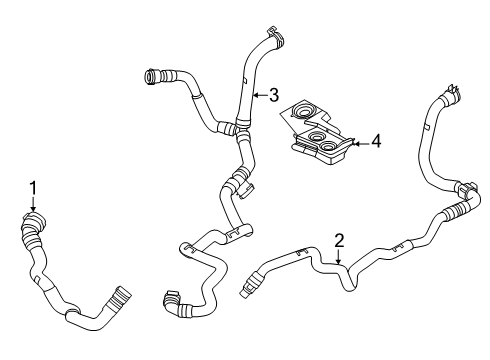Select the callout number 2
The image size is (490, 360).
pos(339,240)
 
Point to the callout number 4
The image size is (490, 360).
pos(375,142)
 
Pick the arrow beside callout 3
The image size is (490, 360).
pos(255,96)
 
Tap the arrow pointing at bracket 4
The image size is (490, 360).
pos(357,142)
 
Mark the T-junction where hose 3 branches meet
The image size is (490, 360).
pos(233,127)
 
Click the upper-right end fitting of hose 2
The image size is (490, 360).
pos(450,96)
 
